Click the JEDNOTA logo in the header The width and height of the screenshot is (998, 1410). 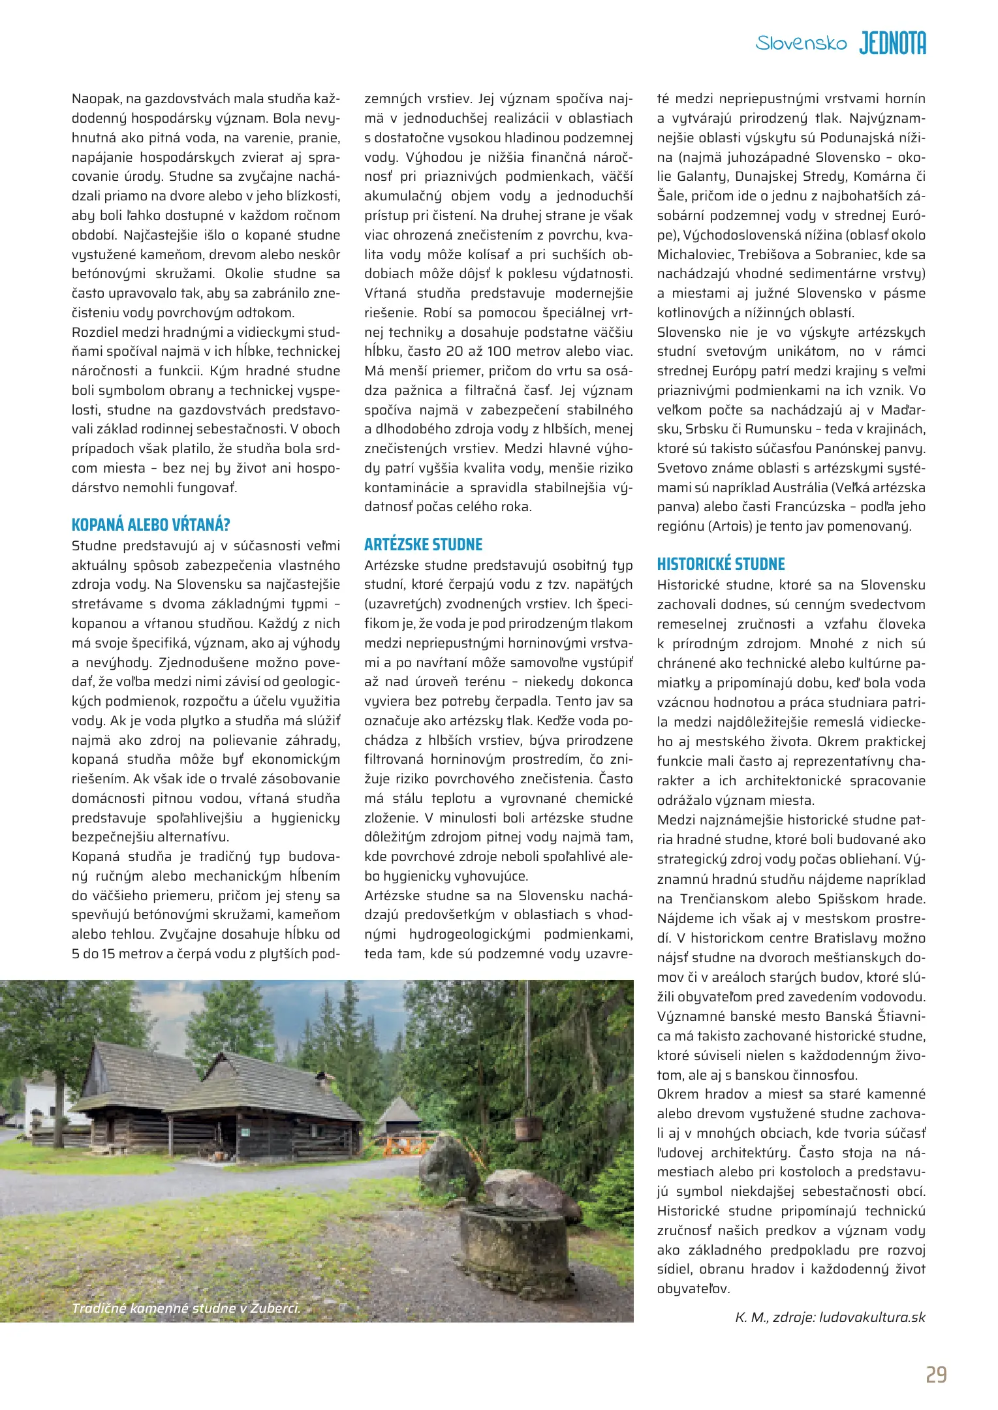pos(892,43)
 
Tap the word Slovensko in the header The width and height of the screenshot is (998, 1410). pos(801,44)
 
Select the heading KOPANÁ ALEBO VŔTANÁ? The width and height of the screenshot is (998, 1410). pos(151,525)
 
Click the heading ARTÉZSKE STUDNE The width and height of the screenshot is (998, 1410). pos(423,544)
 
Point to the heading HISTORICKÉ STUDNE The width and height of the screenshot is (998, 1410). pos(721,564)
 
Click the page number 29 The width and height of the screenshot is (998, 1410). pos(936,1375)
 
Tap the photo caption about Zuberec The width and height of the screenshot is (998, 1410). pos(186,1308)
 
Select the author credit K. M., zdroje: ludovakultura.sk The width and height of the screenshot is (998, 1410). pos(830,1317)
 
